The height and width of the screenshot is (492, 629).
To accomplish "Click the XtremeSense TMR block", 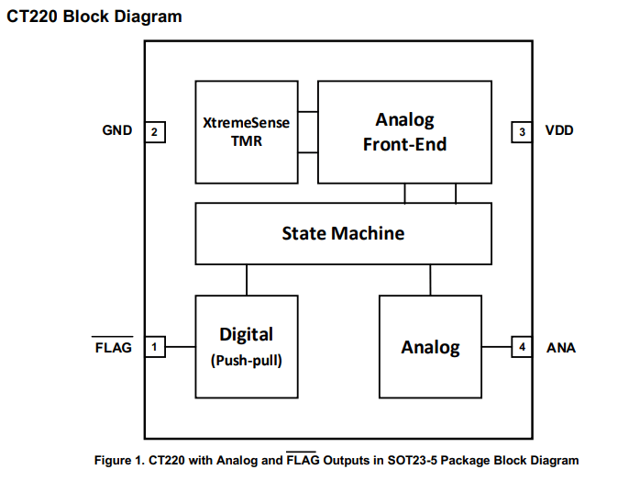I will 246,131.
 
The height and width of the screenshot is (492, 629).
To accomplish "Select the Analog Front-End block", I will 404,131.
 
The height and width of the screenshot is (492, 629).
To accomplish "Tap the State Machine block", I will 343,233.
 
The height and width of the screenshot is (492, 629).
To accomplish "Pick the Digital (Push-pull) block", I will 246,346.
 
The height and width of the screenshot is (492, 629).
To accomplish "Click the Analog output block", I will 430,346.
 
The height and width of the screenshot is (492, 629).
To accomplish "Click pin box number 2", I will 155,132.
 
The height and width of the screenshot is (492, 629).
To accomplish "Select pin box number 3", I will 522,131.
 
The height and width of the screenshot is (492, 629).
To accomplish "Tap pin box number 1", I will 155,347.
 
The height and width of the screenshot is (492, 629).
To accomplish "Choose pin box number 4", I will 522,347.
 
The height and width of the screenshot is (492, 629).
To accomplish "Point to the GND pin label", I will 116,131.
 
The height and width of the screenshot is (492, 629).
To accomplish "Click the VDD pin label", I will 559,131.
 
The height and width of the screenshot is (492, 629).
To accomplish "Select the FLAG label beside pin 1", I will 113,348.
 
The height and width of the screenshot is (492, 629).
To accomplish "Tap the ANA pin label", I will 560,348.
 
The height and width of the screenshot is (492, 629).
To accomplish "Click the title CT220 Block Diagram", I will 94,17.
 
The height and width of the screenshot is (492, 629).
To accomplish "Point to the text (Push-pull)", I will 246,361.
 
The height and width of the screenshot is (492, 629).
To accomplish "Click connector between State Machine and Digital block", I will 246,279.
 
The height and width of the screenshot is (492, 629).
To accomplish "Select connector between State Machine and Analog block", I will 430,279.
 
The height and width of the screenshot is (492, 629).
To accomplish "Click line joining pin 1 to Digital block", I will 180,347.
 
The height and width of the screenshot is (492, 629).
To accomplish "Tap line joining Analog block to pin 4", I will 496,347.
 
